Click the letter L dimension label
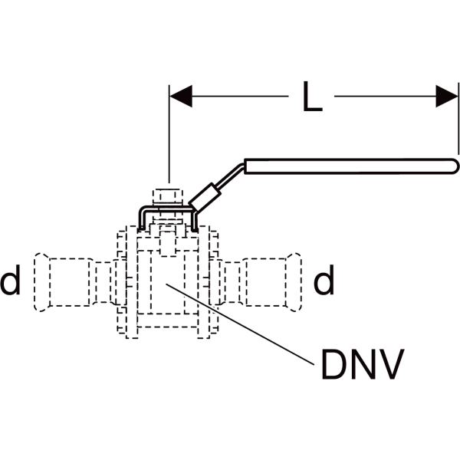[311, 97]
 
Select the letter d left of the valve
[11, 282]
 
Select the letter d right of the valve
[324, 282]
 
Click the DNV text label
[361, 366]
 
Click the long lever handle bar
[345, 166]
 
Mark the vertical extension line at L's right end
[458, 123]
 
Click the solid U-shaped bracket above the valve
[168, 209]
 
